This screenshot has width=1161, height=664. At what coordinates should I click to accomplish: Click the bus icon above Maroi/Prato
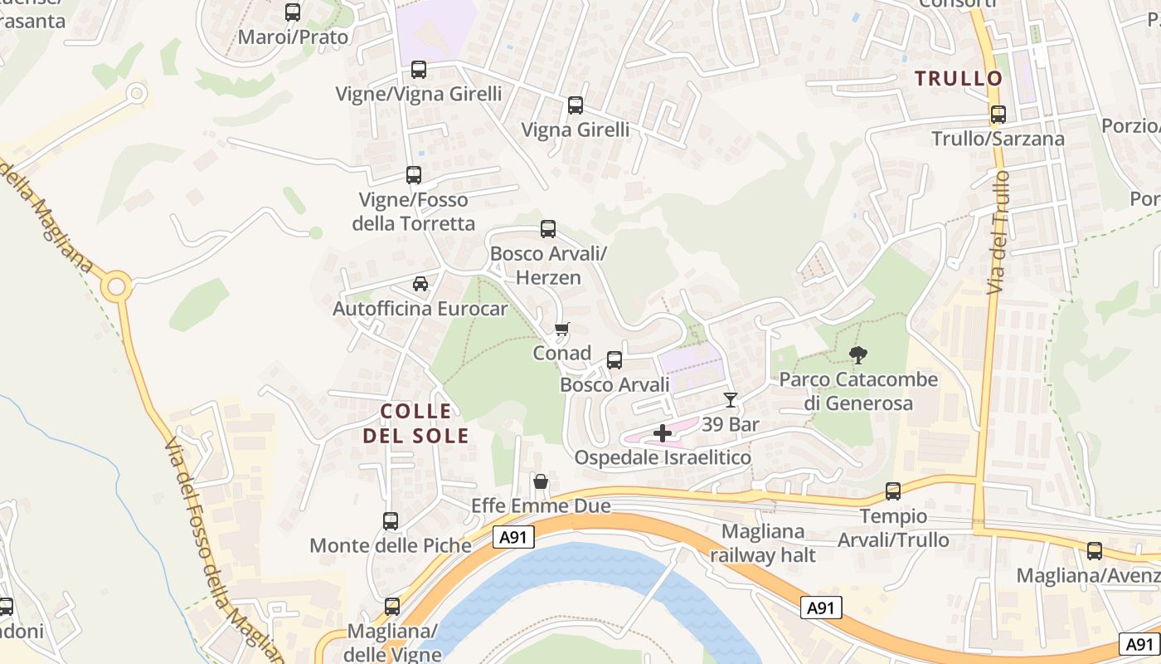pos(293,12)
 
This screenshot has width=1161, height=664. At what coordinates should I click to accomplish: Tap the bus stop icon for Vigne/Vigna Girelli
pos(419,70)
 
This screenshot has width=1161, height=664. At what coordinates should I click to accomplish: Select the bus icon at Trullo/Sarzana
pos(998,115)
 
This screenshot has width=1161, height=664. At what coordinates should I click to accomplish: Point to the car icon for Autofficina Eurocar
pos(420,284)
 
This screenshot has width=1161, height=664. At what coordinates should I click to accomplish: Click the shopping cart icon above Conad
pos(561,330)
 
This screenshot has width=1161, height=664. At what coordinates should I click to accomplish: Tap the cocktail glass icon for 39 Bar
pos(730,400)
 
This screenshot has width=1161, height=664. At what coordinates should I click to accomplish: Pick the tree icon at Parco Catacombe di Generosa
pos(858,355)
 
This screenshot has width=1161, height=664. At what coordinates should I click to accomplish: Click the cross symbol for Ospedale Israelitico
pos(663,433)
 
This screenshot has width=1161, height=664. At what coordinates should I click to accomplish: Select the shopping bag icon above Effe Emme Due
pos(541,481)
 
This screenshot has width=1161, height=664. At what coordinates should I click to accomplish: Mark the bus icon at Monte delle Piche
pos(391,521)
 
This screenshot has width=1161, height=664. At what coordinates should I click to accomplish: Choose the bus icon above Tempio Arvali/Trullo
pos(893,491)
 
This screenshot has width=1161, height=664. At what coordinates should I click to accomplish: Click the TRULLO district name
pos(959,79)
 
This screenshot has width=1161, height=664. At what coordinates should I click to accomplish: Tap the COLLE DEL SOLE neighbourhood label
pos(416,423)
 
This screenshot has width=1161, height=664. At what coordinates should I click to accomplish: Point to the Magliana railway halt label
pos(763,544)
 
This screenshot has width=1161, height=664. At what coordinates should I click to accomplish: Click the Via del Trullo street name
pos(998,232)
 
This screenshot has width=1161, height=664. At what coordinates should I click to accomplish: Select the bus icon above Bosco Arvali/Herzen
pos(548,229)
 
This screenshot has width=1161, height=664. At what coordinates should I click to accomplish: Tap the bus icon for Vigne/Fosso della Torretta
pos(414,175)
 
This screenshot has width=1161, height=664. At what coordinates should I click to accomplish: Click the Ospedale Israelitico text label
pos(663,457)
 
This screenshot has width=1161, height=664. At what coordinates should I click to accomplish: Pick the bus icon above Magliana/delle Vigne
pos(392,607)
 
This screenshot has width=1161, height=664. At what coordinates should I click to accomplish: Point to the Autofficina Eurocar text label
pos(420,309)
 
